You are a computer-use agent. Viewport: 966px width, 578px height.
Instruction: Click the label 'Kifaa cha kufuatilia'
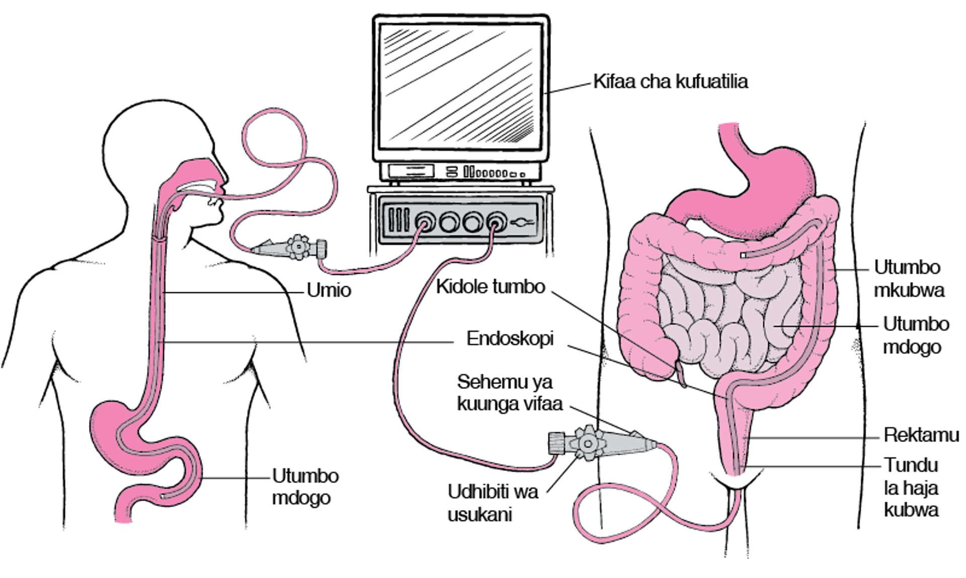[x=670, y=81]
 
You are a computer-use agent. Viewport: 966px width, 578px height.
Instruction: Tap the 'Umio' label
[x=329, y=291]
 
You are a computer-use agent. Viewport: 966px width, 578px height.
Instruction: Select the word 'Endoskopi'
[x=510, y=339]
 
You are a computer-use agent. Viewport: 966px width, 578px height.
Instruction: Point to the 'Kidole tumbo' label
[x=490, y=287]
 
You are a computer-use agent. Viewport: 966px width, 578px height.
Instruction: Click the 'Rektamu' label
[x=921, y=435]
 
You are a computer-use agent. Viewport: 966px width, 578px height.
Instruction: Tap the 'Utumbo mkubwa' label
[x=908, y=279]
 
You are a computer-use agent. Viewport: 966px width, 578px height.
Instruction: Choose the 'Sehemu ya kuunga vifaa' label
[x=509, y=393]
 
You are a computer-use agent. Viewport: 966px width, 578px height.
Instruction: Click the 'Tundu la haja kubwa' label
[x=911, y=487]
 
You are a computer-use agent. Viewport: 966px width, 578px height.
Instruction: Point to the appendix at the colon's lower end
[x=681, y=375]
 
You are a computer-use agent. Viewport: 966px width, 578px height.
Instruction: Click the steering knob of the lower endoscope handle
[x=587, y=443]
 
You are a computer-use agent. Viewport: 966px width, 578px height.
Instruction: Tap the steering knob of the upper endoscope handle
[x=299, y=247]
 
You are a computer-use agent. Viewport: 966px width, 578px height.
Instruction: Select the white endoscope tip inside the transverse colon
[x=743, y=256]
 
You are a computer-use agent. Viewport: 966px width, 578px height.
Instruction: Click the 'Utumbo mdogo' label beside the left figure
[x=305, y=486]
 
